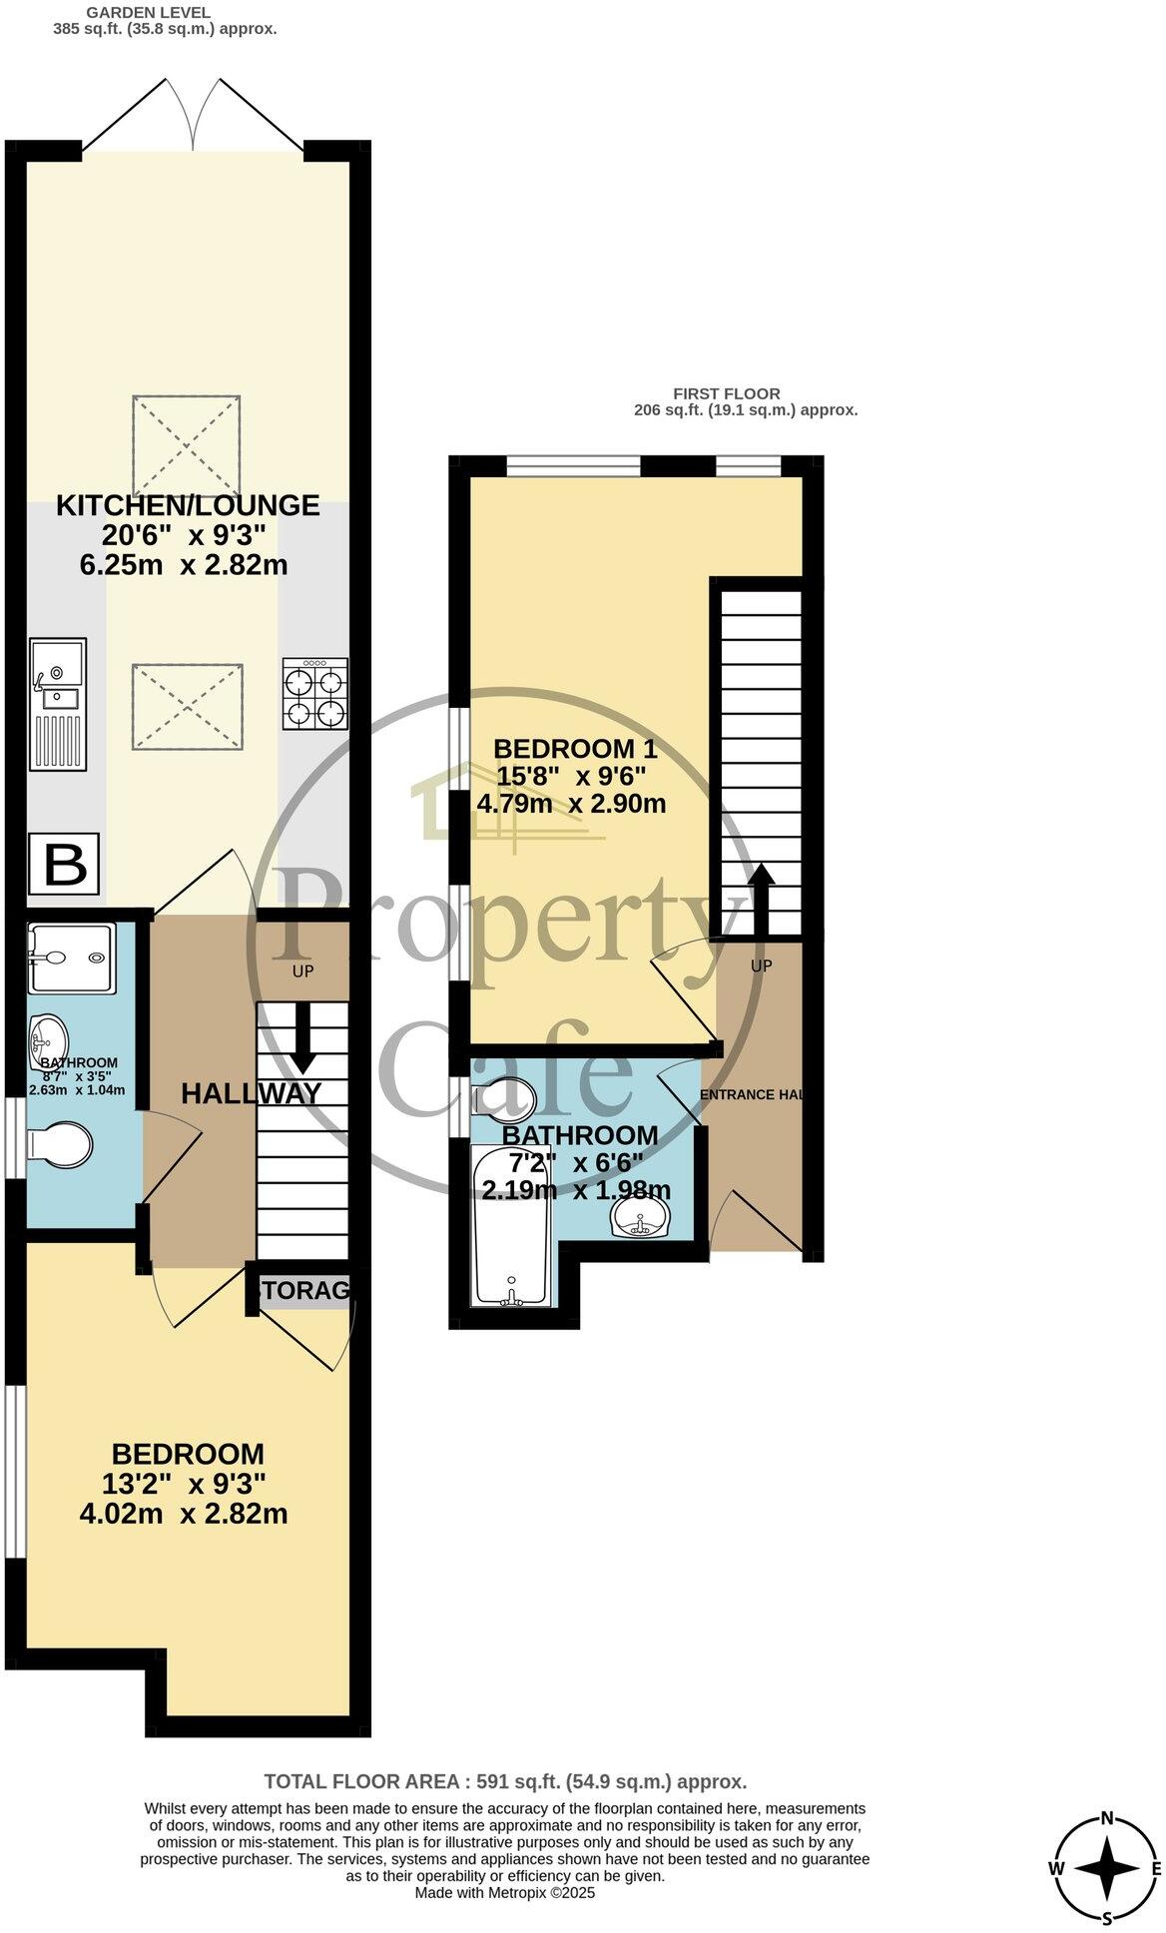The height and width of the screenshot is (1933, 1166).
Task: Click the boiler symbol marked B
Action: (x=64, y=863)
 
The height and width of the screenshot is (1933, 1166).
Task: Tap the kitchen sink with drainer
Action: (x=58, y=704)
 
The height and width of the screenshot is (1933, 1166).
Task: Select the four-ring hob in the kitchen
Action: (x=315, y=694)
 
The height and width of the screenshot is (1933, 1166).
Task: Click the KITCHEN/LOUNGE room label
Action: (x=188, y=505)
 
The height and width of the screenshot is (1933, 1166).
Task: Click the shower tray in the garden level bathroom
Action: (x=71, y=958)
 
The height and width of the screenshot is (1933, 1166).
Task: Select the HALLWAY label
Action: (x=251, y=1093)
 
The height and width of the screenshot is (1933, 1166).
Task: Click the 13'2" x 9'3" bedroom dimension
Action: (x=185, y=1483)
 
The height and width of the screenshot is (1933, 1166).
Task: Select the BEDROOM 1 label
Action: (x=576, y=749)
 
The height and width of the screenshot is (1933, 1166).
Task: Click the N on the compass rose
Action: (x=1106, y=1818)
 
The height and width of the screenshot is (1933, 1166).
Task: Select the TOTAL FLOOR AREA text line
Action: (x=505, y=1781)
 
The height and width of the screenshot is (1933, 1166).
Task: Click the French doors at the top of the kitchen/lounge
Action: (x=193, y=115)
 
